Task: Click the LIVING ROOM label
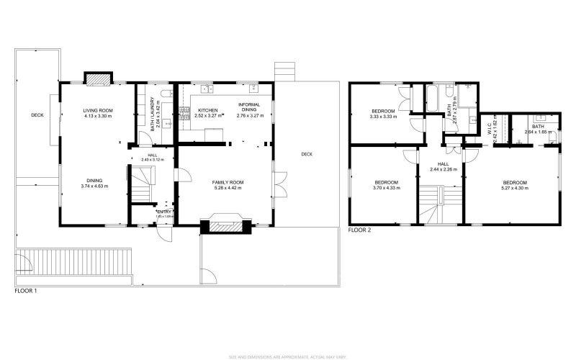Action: point(98,110)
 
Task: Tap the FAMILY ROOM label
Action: point(228,183)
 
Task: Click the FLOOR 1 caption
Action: point(25,292)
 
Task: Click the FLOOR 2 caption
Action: point(359,230)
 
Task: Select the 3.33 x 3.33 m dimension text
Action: point(384,117)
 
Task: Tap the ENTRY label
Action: point(164,211)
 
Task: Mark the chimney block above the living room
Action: point(97,77)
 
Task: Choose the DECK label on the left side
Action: point(37,115)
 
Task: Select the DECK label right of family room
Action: point(307,154)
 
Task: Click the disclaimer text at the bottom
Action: point(288,356)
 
